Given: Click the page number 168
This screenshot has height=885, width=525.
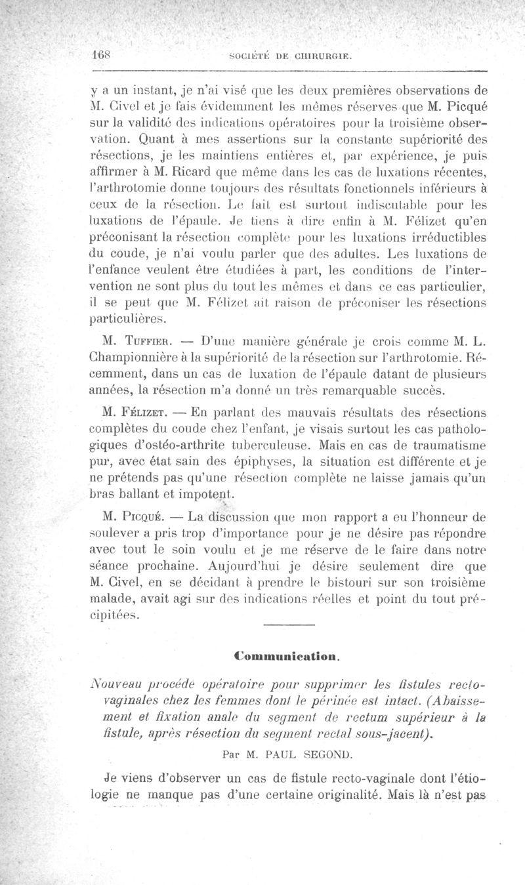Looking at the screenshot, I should point(101,56).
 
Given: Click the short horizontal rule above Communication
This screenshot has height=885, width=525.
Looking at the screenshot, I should point(284,624).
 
